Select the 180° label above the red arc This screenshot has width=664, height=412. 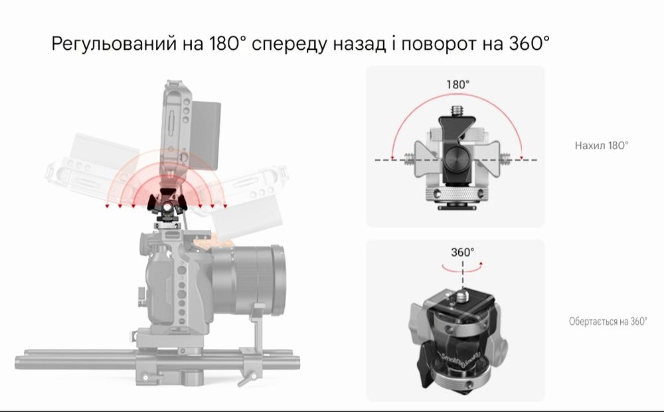pyautogui.click(x=457, y=85)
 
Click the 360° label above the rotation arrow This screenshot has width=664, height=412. pyautogui.click(x=463, y=253)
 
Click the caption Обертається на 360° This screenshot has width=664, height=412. pyautogui.click(x=607, y=322)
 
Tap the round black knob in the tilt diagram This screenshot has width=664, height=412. pyautogui.click(x=458, y=160)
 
